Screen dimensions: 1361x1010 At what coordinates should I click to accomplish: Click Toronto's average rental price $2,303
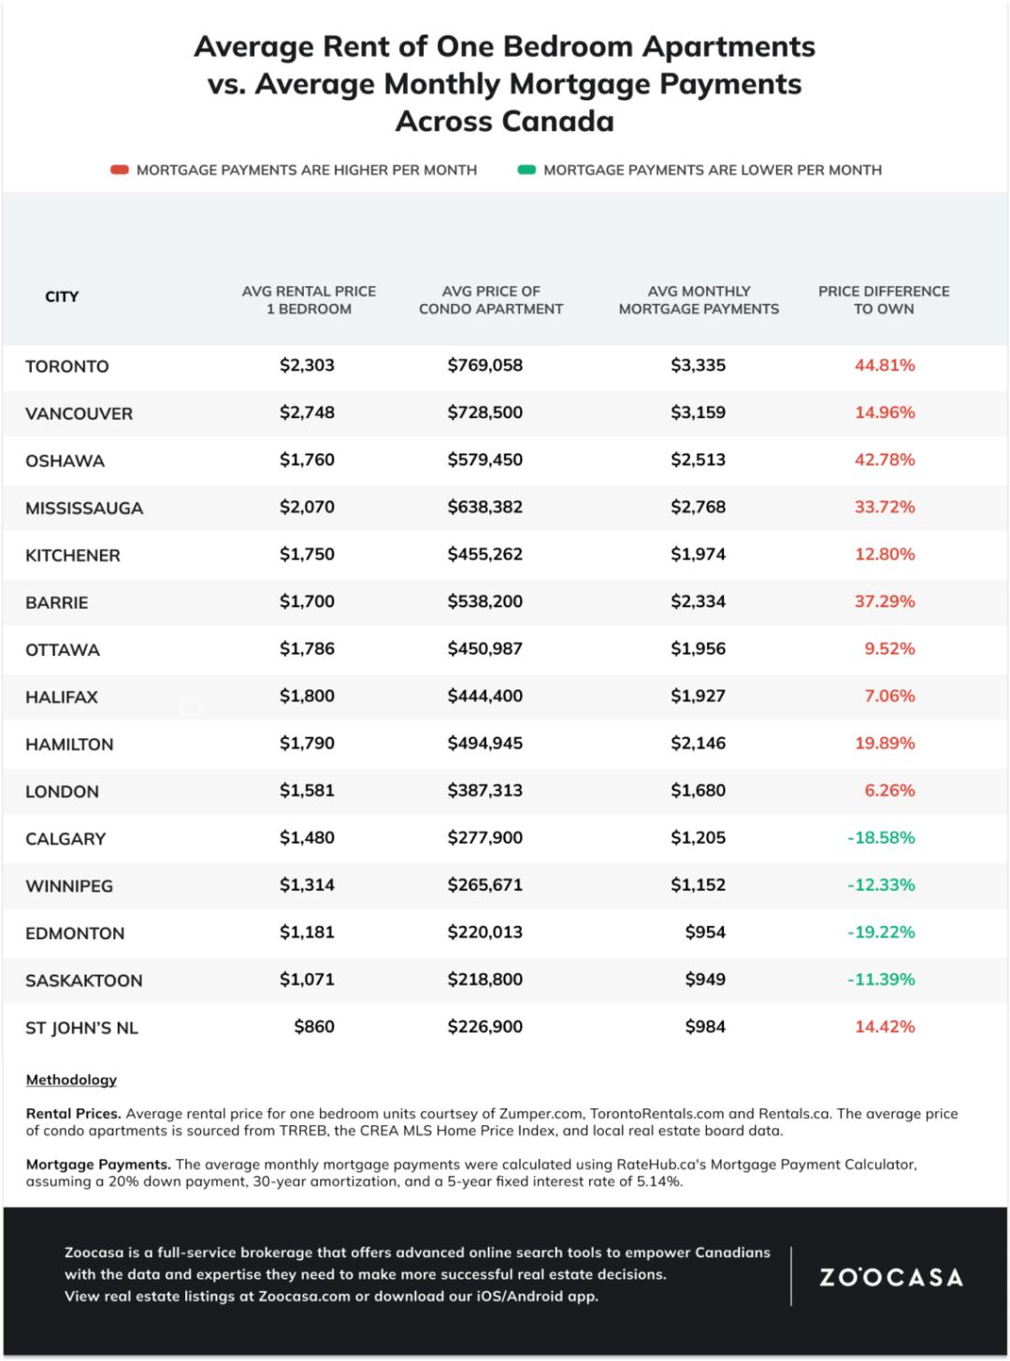(307, 366)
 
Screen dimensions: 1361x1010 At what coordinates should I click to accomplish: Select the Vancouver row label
(79, 413)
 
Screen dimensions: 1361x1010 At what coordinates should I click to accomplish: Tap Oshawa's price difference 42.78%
(885, 460)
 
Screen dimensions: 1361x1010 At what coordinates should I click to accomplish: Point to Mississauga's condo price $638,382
(484, 507)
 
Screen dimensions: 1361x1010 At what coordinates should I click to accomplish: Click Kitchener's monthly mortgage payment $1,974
(698, 555)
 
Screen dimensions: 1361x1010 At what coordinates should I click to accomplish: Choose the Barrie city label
(57, 602)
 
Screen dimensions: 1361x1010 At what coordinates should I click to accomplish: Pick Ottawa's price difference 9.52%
(889, 649)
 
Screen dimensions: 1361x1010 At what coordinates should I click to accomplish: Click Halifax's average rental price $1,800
(307, 696)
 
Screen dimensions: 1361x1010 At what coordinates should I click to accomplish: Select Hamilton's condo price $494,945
(484, 744)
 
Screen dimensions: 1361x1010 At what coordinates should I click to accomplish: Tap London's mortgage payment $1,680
(698, 790)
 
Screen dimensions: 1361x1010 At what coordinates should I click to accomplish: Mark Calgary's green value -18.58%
(881, 838)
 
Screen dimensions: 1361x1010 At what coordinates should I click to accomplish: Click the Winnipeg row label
(69, 886)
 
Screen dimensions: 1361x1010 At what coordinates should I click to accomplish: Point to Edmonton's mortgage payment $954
(705, 933)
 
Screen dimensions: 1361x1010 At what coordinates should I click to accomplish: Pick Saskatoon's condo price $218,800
(484, 979)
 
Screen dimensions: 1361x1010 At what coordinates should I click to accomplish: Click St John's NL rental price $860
(314, 1027)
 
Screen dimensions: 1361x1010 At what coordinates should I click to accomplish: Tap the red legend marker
(119, 170)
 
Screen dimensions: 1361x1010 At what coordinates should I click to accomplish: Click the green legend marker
(527, 170)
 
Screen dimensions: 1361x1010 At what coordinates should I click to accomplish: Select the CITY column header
(62, 297)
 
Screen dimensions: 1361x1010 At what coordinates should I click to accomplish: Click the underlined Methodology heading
(71, 1079)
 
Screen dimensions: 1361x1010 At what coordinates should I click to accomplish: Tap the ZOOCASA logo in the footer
(891, 1277)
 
